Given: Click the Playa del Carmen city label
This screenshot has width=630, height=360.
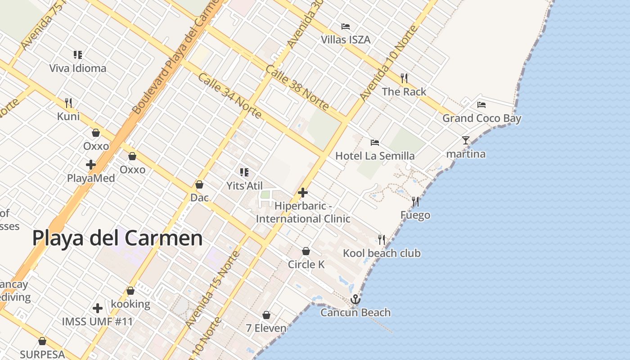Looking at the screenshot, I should click(117, 238).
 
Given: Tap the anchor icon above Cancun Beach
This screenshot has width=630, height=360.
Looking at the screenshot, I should click(355, 299).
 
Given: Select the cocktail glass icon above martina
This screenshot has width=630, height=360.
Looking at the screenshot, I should click(466, 140).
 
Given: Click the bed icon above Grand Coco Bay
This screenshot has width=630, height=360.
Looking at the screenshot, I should click(481, 105).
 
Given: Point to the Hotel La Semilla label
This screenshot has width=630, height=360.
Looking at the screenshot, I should click(375, 156).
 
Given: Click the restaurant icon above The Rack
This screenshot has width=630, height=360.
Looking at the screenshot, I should click(404, 78).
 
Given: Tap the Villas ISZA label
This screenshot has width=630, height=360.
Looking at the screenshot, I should click(346, 40).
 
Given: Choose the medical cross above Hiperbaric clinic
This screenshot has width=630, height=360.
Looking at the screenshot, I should click(303, 193).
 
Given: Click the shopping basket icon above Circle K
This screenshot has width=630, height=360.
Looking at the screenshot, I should click(306, 251).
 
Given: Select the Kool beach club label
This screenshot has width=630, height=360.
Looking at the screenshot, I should click(382, 253).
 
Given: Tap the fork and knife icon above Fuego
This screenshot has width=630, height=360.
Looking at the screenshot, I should click(415, 202).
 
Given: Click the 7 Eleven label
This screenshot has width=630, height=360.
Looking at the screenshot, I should click(266, 328).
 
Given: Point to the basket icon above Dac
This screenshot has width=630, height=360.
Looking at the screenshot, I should click(199, 184).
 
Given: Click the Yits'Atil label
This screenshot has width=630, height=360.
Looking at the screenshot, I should click(244, 185).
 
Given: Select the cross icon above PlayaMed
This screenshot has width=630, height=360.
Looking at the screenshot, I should click(91, 165).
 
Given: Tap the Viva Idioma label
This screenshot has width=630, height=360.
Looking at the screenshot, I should click(78, 68).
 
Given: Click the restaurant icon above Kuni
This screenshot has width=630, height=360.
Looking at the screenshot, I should click(68, 103).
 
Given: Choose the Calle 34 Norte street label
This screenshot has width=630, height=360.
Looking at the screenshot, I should click(229, 95).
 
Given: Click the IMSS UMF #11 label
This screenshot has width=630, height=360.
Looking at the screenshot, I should click(98, 322).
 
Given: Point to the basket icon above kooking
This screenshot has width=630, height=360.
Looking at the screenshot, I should click(130, 291).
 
